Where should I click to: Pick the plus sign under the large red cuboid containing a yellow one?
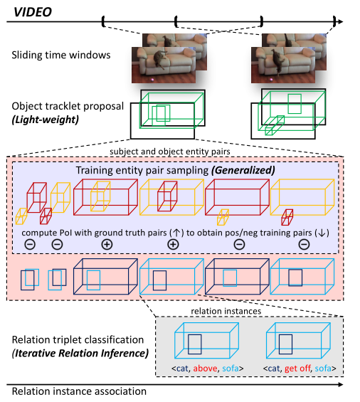pos(107,243)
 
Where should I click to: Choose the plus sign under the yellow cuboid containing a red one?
pos(172,243)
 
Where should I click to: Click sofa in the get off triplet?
pos(323,369)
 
